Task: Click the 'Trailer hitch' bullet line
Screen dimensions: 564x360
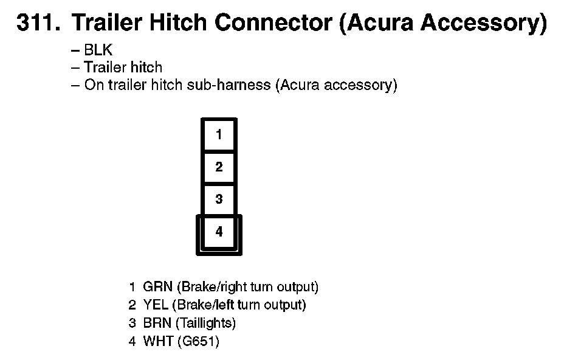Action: coord(123,67)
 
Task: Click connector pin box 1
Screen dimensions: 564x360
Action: coord(219,134)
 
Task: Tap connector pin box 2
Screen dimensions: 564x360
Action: coord(219,167)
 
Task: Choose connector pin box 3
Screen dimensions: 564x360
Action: coord(219,199)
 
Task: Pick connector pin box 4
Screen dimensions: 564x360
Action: coord(219,232)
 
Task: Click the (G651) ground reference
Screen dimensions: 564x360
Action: coord(198,341)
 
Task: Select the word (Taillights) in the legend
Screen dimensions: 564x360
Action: coord(207,323)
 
